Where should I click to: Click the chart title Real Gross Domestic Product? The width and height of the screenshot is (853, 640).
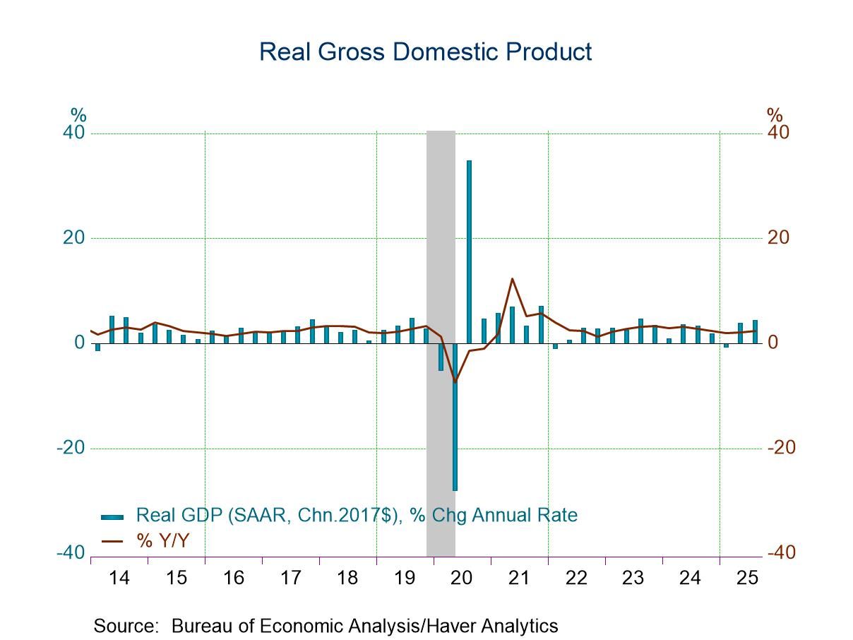coord(425,52)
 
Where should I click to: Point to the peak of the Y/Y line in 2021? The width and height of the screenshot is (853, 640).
coord(512,279)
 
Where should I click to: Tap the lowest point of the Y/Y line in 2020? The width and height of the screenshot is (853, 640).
coord(455,382)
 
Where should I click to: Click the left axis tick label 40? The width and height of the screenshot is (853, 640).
coord(75,134)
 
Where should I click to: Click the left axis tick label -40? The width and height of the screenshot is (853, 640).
coord(71,552)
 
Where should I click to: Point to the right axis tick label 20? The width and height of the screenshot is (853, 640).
coord(777,238)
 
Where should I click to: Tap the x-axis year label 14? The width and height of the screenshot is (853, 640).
coord(119,578)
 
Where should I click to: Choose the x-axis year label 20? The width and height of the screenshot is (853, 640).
coord(462,578)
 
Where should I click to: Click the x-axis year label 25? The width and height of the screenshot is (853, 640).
coord(747,578)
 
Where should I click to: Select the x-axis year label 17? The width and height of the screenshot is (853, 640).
coord(290,578)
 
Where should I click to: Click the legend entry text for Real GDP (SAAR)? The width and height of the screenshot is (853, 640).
coord(357,515)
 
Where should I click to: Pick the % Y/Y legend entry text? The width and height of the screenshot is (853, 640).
coord(163,541)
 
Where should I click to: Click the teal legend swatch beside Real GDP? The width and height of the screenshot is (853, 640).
coord(113,516)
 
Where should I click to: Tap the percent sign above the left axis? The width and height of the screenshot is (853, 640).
coord(78,115)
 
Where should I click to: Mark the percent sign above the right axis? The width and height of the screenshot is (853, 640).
coord(775,115)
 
